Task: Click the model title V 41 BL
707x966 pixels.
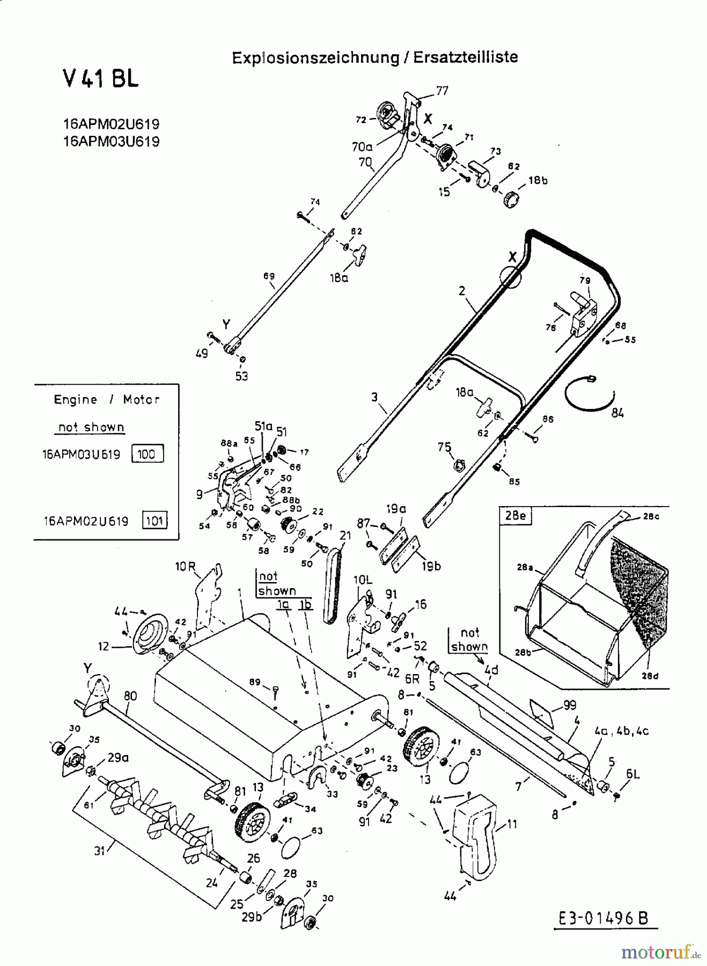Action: (100, 78)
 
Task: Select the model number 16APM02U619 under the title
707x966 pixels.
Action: (111, 124)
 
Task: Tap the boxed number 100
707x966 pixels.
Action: (146, 454)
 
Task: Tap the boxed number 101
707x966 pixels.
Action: (154, 521)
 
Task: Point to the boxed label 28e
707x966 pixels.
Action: (514, 516)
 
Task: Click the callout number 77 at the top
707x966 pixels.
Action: (441, 91)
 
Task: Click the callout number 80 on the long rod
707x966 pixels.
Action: (130, 696)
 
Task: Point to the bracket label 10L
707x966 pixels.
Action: (363, 580)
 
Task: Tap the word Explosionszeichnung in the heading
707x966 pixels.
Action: (315, 58)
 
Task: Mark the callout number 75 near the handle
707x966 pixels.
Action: (444, 447)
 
